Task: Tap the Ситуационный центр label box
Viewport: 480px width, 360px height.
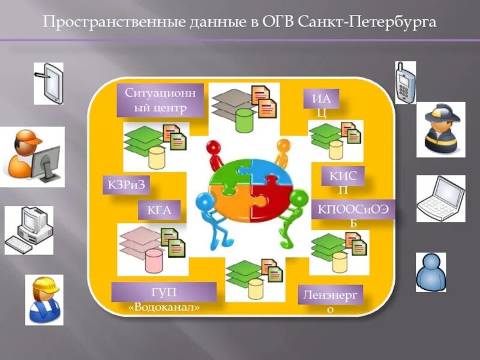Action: click(x=160, y=100)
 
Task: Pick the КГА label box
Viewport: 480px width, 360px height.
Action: click(x=160, y=210)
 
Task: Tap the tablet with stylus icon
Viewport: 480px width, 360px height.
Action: click(x=49, y=83)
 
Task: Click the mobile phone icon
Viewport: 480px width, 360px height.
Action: click(x=405, y=82)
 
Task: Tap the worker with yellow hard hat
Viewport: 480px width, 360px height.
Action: click(x=44, y=299)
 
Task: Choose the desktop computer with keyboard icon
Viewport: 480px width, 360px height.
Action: click(x=29, y=231)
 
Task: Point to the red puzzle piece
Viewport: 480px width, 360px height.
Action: click(x=268, y=197)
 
